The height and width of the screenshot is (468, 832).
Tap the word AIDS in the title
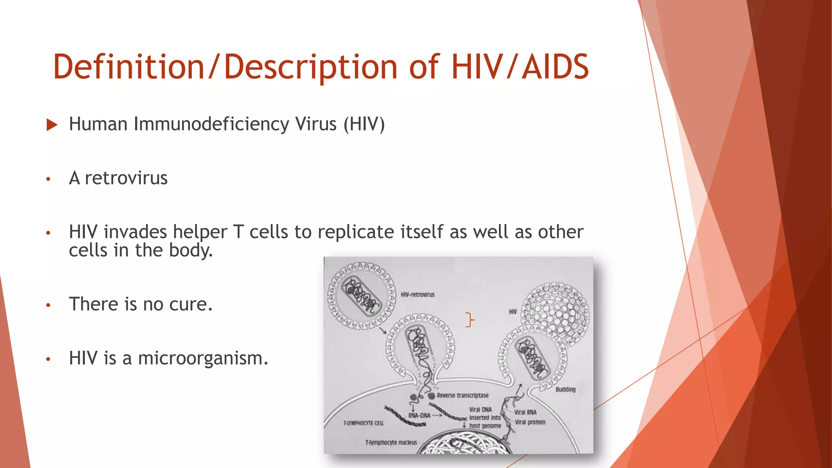pos(555,67)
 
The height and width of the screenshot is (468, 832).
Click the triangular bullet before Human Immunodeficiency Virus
pos(52,125)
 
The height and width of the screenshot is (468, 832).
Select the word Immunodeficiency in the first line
pos(211,124)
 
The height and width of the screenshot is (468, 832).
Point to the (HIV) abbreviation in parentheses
pos(364,124)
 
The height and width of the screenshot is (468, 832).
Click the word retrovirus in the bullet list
pos(126,178)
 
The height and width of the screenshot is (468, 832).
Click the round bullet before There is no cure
pos(48,305)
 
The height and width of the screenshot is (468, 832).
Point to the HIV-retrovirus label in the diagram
pos(417,295)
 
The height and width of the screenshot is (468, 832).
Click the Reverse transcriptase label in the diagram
pos(462,395)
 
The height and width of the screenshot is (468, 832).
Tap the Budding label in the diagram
pos(565,389)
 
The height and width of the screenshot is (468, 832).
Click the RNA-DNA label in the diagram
pos(419,416)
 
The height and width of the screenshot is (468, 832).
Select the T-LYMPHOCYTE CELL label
pos(363,423)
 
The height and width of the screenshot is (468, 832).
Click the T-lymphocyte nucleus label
pos(391,442)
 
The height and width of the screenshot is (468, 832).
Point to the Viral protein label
pos(530,422)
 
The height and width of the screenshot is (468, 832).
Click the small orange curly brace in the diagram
pos(470,320)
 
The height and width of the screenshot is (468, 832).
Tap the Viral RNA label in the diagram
pos(525,412)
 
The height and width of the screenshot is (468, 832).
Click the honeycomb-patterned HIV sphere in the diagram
pos(556,312)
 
